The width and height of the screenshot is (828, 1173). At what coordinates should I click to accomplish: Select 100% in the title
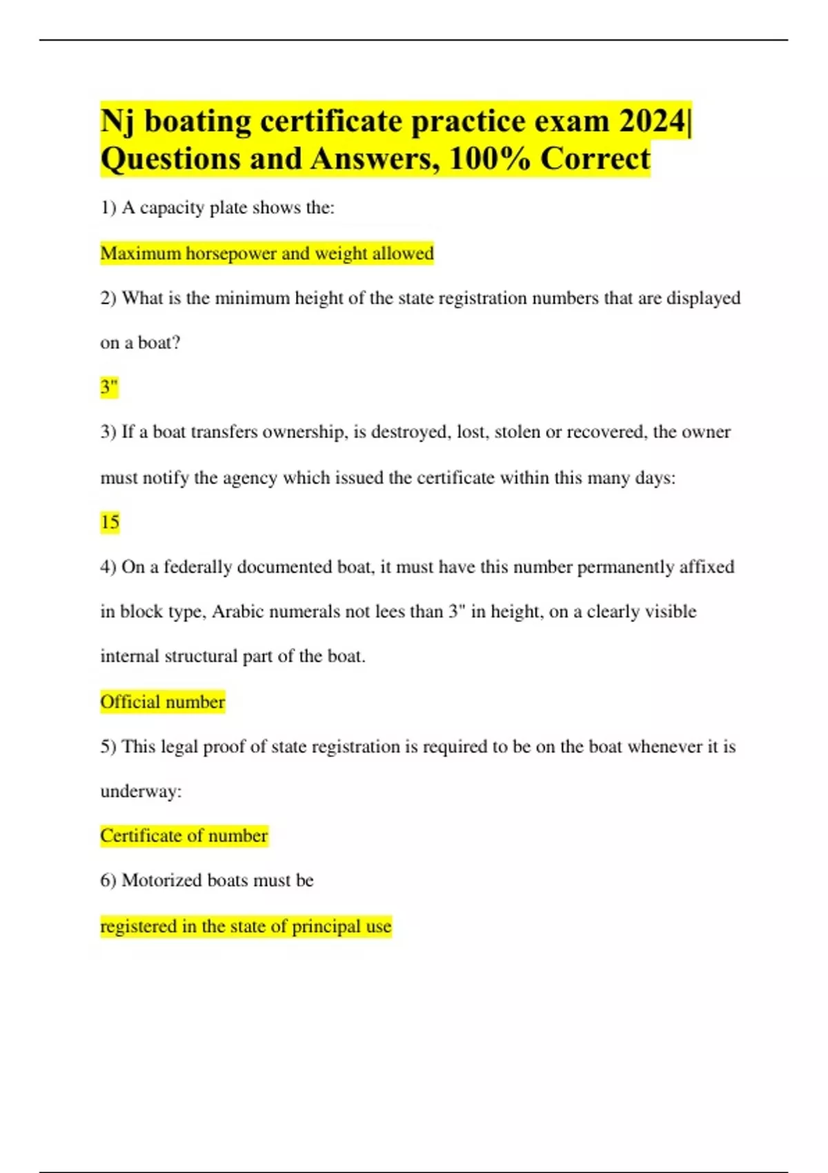click(x=490, y=159)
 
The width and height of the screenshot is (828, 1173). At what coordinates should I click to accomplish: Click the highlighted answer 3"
click(x=109, y=387)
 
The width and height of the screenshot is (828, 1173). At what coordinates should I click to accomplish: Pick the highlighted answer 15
click(x=110, y=522)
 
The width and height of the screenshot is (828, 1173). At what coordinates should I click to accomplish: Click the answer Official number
click(x=162, y=702)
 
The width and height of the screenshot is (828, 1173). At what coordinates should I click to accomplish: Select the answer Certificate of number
click(x=184, y=836)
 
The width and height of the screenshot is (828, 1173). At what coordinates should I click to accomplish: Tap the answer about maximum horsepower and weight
click(x=266, y=253)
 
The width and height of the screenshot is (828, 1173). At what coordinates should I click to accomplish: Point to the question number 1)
click(x=108, y=208)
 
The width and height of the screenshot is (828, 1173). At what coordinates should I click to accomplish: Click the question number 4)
click(x=108, y=567)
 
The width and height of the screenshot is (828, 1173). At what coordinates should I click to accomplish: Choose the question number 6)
click(x=108, y=880)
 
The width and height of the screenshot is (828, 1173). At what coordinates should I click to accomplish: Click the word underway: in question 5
click(x=141, y=791)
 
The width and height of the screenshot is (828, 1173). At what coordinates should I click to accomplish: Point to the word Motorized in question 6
click(x=161, y=880)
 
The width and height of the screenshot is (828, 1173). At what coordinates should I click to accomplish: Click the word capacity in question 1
click(x=172, y=208)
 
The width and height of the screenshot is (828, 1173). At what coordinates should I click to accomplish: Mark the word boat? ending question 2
click(x=159, y=343)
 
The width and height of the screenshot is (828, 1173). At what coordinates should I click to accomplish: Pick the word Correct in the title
click(x=595, y=159)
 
